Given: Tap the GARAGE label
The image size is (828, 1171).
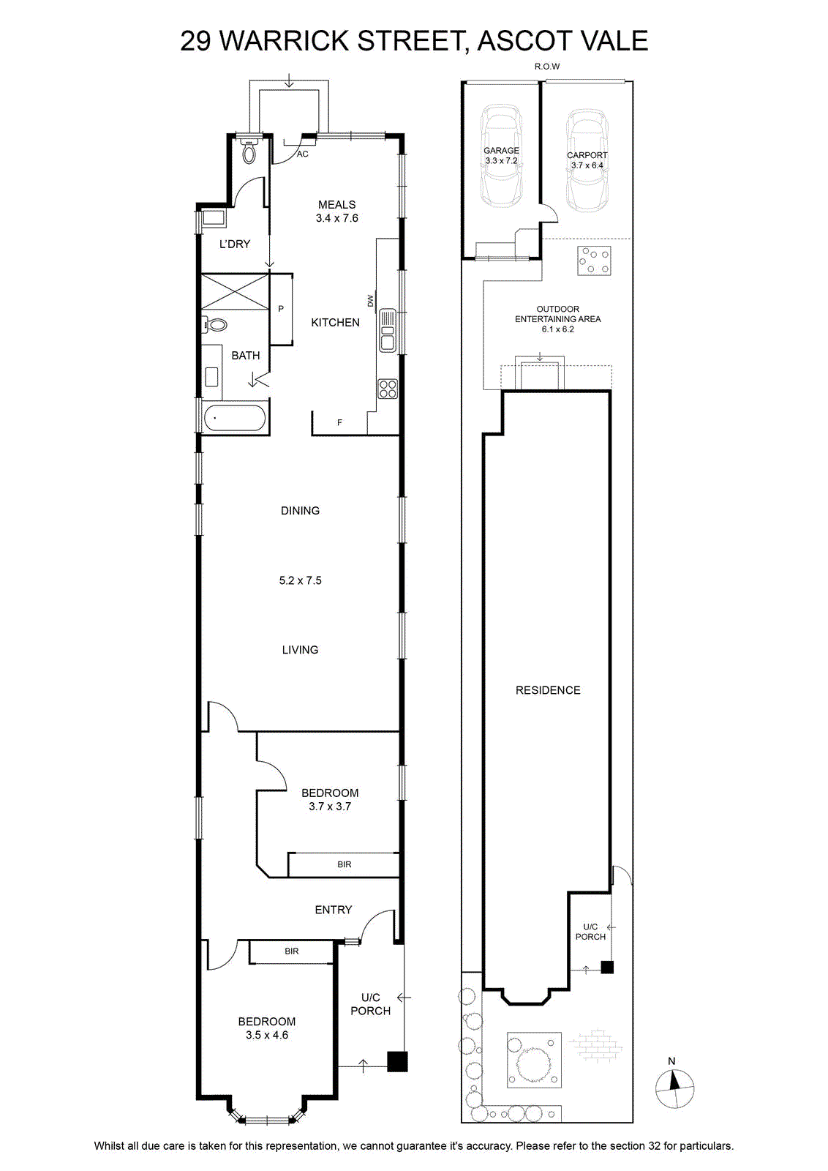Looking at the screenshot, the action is [501, 151].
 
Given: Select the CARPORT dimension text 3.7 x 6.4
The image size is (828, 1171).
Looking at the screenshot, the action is [587, 165].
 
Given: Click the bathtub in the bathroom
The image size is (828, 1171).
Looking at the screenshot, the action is [234, 418].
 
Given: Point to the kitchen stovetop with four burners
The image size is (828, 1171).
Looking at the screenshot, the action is [388, 389].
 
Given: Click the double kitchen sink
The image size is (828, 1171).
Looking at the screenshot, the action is [388, 330].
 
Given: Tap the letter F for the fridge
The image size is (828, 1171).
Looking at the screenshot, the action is [339, 422].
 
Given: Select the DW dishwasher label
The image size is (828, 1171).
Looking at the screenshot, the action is [370, 301].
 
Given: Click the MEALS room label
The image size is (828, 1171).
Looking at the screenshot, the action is [337, 204].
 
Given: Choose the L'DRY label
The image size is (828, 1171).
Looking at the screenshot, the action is [235, 244].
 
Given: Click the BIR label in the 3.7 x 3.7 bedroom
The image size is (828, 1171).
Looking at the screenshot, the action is [345, 864].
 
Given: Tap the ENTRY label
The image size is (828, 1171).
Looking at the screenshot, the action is [334, 910].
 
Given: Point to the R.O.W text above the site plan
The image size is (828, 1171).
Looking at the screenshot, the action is [547, 67].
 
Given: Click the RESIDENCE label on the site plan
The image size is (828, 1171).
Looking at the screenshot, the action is [548, 690].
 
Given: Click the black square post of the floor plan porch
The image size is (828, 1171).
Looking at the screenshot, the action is [397, 1062].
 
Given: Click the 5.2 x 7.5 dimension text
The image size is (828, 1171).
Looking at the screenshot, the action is [301, 580].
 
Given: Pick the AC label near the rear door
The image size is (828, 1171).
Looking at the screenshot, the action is [303, 154].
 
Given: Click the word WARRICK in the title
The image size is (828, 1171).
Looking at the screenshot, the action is [285, 41].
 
